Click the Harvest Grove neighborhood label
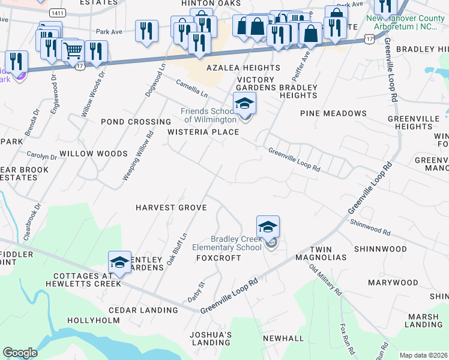[x=171, y=208]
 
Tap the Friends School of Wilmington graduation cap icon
[x=244, y=104]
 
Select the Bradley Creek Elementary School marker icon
[x=268, y=227]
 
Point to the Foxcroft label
[x=218, y=258]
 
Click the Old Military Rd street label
[x=326, y=280]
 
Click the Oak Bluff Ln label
[x=173, y=249]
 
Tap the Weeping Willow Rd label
[x=134, y=153]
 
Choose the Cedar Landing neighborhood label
[x=143, y=310]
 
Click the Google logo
[x=20, y=353]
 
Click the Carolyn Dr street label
[x=42, y=157]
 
